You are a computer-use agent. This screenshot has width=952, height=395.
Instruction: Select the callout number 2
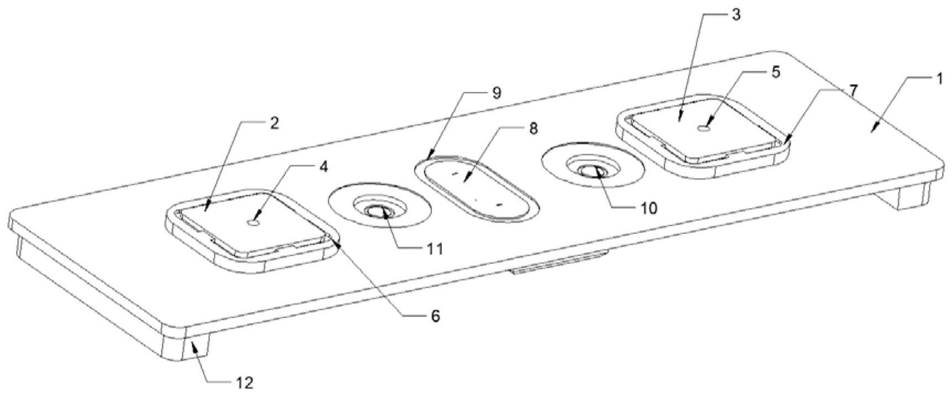[274, 123]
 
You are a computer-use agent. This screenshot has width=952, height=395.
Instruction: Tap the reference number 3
[735, 15]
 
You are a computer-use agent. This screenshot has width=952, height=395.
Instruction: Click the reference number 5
[776, 72]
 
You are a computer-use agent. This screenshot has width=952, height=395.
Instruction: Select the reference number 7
[854, 91]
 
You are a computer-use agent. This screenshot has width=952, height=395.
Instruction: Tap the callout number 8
[533, 129]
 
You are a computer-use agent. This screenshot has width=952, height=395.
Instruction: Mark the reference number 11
[435, 249]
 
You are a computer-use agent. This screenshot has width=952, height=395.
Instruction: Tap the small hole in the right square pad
[703, 128]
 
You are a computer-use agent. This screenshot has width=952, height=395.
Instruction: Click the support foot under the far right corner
[912, 196]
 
